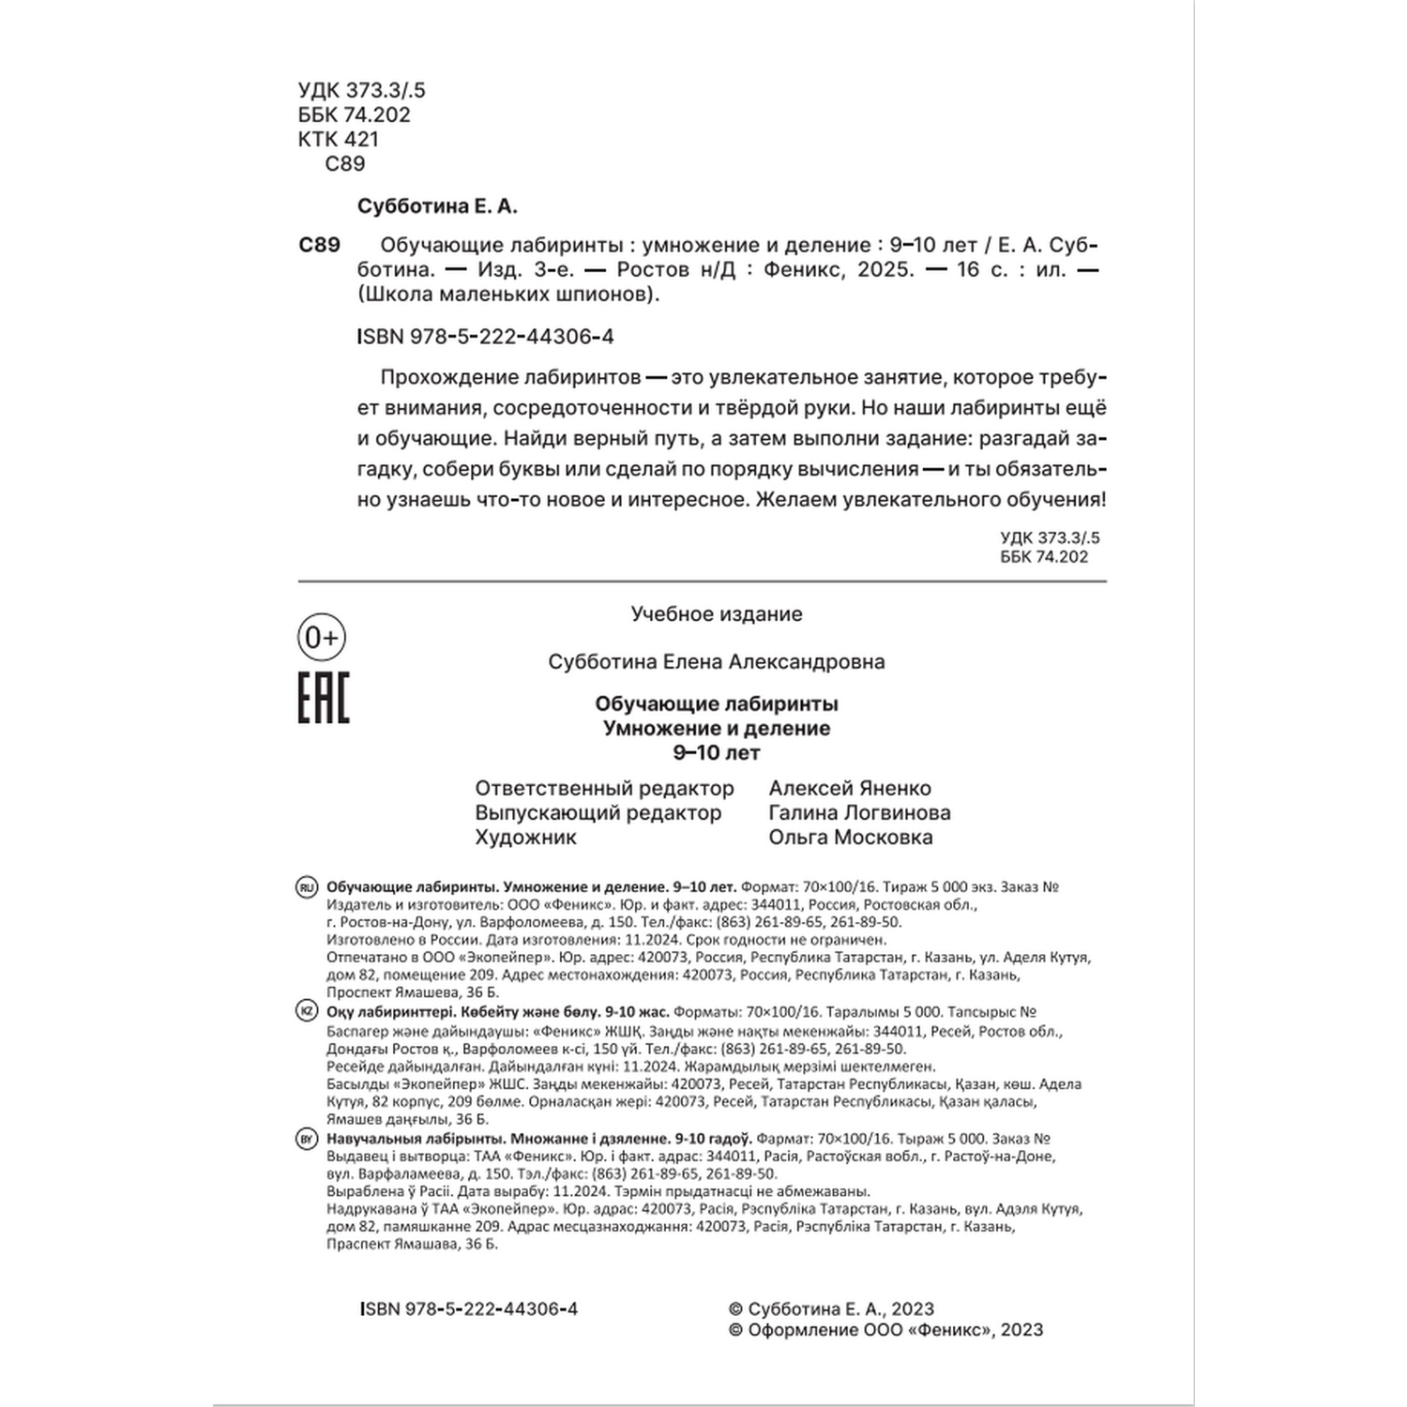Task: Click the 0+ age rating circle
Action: [x=322, y=638]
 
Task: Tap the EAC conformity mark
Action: [x=324, y=698]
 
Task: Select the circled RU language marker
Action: [x=307, y=887]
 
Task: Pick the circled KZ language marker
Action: [x=307, y=1011]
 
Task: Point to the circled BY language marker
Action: [x=307, y=1139]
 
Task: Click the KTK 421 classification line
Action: [x=339, y=139]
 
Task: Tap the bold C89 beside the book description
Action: [x=319, y=245]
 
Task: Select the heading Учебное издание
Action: [x=717, y=614]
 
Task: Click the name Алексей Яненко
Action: [x=850, y=788]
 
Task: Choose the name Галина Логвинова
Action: [x=859, y=812]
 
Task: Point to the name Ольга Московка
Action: [x=851, y=837]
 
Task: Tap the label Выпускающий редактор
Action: [x=598, y=812]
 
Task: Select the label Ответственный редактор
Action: [x=604, y=788]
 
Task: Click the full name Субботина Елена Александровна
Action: [x=717, y=661]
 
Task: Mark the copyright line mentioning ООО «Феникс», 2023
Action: [x=885, y=1329]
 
